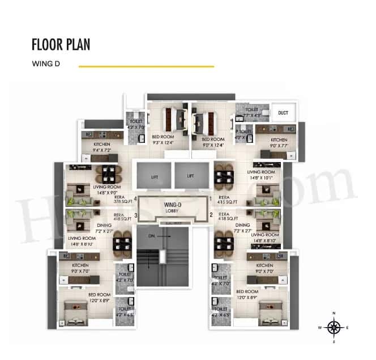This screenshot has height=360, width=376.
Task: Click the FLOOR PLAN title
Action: point(61,45)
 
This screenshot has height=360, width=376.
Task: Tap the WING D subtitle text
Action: point(46,65)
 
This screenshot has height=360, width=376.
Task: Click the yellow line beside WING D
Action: point(146,66)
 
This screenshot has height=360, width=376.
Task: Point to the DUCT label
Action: point(283,113)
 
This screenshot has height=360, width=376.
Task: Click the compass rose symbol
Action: point(334,328)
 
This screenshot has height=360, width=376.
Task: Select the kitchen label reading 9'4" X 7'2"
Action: point(102,148)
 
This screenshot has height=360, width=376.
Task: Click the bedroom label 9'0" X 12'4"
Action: point(213,142)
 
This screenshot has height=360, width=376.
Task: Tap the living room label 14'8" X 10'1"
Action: point(261,175)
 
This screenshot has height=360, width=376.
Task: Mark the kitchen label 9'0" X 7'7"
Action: point(279,143)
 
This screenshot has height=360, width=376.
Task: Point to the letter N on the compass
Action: point(334,314)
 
